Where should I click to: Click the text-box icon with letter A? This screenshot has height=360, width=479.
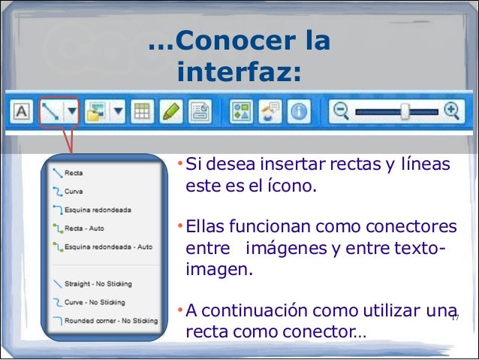[x=21, y=112]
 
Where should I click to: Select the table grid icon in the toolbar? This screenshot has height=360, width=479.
[x=141, y=112]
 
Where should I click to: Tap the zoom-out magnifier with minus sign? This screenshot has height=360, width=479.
[x=342, y=111]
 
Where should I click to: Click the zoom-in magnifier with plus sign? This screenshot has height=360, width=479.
[x=452, y=111]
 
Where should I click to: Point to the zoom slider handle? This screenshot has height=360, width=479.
[x=405, y=112]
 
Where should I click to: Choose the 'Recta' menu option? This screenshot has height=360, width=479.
[x=74, y=173]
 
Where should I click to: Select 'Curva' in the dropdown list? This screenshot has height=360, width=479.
[x=74, y=191]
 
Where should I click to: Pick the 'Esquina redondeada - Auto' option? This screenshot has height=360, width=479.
[x=107, y=246]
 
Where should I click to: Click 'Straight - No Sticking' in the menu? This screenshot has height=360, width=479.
[x=98, y=283]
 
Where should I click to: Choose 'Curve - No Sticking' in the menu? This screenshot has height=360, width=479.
[x=94, y=302]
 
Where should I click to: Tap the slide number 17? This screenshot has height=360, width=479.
[x=453, y=319]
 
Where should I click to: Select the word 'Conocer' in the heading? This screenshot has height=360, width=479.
[x=225, y=41]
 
